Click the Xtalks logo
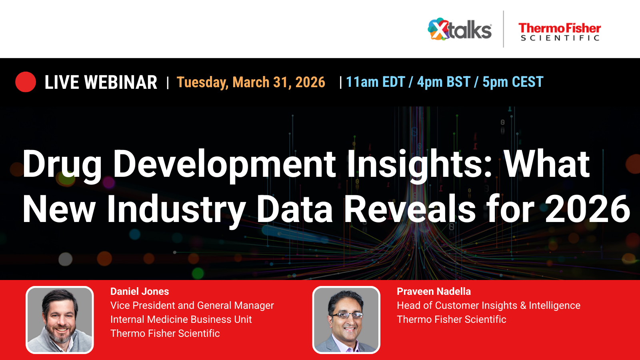[460, 30]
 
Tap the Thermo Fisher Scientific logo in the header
[560, 32]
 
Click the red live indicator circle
[26, 82]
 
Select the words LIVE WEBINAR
[101, 82]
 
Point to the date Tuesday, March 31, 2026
[251, 82]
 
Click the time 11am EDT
[376, 82]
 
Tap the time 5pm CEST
[513, 82]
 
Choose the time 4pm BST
[444, 82]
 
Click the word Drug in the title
[62, 164]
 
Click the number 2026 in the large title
[587, 209]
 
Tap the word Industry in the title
[176, 209]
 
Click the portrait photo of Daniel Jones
[60, 320]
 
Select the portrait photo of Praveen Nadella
[346, 320]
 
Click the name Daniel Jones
[140, 292]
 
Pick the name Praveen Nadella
[434, 292]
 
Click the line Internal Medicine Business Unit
[181, 320]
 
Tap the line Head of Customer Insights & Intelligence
[488, 306]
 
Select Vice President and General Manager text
[192, 306]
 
